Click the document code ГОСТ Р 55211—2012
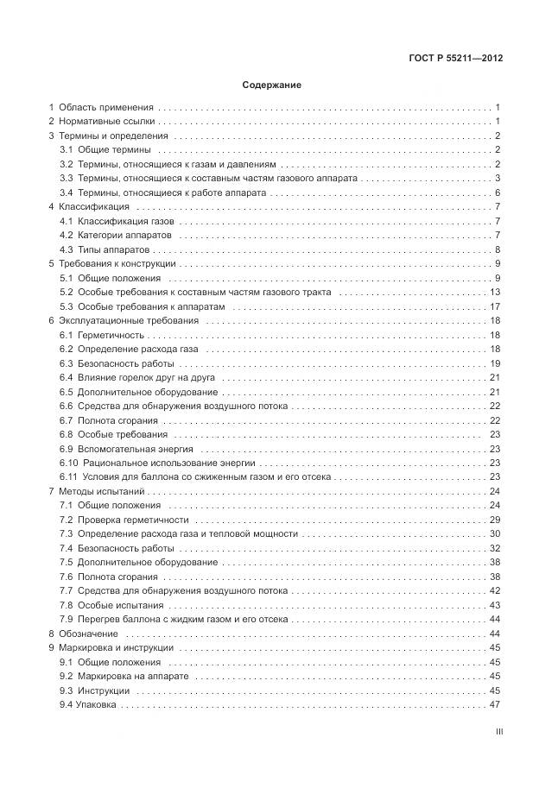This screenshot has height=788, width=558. (456, 59)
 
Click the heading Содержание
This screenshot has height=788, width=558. (271, 85)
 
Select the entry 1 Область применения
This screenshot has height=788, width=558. (101, 108)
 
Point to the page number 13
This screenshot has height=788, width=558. (496, 293)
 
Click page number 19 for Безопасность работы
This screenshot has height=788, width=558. (496, 363)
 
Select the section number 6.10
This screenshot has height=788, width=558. (69, 463)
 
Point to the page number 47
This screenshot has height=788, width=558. (496, 705)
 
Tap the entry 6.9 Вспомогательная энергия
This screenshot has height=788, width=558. (126, 449)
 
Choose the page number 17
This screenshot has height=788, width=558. (496, 306)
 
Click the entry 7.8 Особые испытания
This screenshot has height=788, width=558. (111, 605)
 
